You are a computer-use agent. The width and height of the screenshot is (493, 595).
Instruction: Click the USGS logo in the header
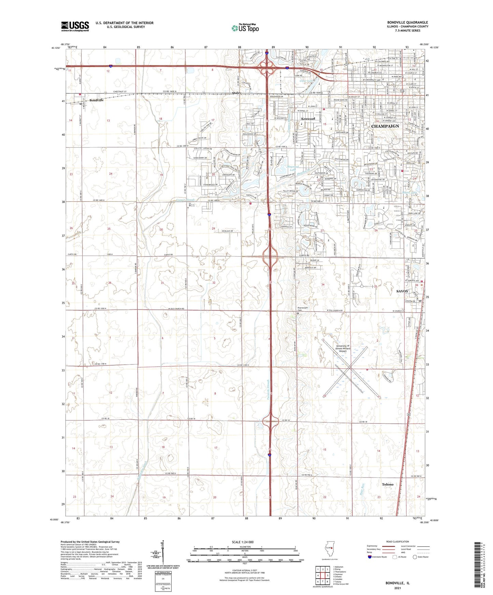tap(75, 26)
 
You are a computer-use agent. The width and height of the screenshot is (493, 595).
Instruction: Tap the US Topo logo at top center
tap(245, 28)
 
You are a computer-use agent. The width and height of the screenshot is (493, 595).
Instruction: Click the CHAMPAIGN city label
tap(385, 126)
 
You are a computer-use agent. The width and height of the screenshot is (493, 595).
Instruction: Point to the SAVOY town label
tap(402, 291)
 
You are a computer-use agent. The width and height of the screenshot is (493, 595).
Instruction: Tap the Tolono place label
tap(388, 484)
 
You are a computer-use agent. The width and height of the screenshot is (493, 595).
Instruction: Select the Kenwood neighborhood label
tap(308, 119)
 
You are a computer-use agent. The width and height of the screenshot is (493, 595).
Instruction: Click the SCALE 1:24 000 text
tap(243, 542)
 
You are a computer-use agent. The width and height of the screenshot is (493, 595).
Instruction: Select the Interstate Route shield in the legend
tap(370, 557)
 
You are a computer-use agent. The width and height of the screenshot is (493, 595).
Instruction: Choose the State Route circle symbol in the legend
tap(415, 557)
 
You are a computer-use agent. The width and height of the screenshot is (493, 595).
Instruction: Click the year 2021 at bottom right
tap(397, 588)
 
